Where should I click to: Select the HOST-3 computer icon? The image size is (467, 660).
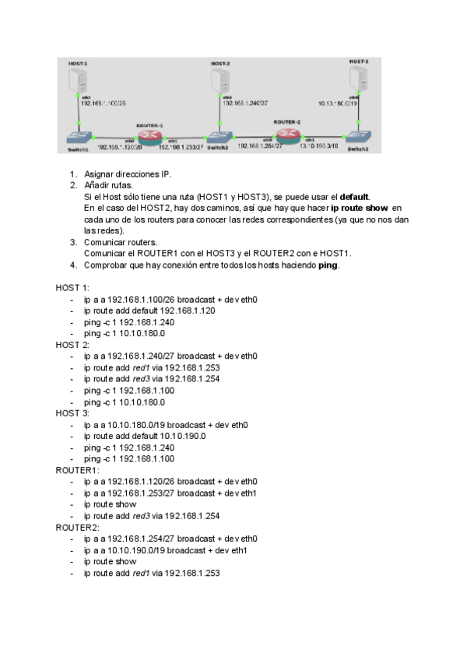359,78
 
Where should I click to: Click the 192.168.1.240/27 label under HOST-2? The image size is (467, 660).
246,102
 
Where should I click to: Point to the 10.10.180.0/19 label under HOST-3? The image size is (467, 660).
339,102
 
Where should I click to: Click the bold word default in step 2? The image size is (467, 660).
354,197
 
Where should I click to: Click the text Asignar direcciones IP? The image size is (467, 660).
127,174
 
